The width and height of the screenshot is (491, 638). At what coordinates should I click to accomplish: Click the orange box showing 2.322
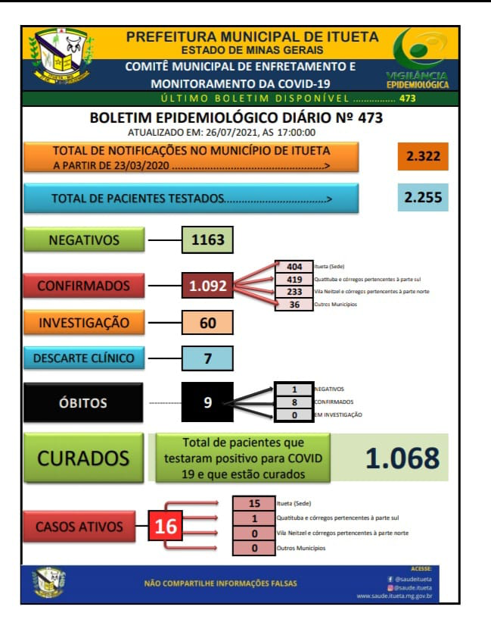coord(418,158)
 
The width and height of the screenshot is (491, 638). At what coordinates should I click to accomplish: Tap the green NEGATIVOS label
coord(84,240)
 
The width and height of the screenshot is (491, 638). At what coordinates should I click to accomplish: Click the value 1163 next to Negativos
coord(207,240)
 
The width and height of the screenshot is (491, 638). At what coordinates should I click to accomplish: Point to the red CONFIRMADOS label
coord(83,286)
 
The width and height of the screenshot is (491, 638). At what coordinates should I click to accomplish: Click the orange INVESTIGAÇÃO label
coord(84,323)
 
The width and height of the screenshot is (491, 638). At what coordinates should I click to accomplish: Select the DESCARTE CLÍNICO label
coord(84,358)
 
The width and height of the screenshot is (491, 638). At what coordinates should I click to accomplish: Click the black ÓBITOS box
coord(83,402)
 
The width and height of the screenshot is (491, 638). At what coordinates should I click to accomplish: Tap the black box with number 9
coord(207,402)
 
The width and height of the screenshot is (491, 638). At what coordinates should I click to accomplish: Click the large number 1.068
coord(402,458)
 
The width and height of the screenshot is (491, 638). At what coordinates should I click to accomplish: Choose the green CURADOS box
coord(84,458)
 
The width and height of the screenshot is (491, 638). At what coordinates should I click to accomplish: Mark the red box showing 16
coord(166,526)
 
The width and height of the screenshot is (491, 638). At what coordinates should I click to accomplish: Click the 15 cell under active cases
coord(254,504)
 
